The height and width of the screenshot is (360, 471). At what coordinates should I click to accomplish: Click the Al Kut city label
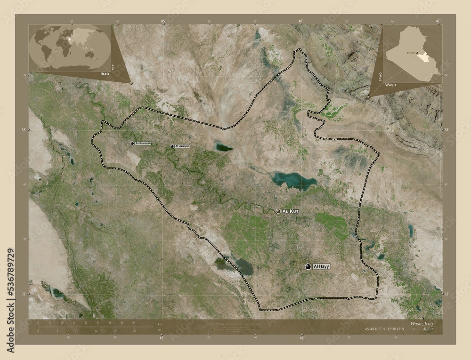pos(291,212)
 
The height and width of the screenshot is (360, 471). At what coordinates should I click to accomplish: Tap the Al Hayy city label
pos(321,266)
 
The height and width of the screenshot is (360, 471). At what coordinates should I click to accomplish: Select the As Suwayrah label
pos(143,143)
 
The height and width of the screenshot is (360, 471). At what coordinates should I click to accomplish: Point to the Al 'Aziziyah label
pos(182,146)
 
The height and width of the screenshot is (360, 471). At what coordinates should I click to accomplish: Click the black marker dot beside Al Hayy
pos(308,267)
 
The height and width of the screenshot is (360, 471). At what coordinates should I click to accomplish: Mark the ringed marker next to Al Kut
pos(278,212)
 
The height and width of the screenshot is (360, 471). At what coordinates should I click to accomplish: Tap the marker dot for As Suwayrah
pos(132,143)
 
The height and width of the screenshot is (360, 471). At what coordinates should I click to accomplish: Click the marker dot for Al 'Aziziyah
pos(172,146)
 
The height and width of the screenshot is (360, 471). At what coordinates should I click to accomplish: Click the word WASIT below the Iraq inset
pos(390,86)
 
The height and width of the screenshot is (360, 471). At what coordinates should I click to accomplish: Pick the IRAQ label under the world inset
pos(106,74)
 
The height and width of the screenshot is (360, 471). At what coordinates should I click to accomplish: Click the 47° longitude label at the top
pos(438,21)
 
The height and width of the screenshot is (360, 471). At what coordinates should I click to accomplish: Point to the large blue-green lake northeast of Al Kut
pos(293,180)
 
